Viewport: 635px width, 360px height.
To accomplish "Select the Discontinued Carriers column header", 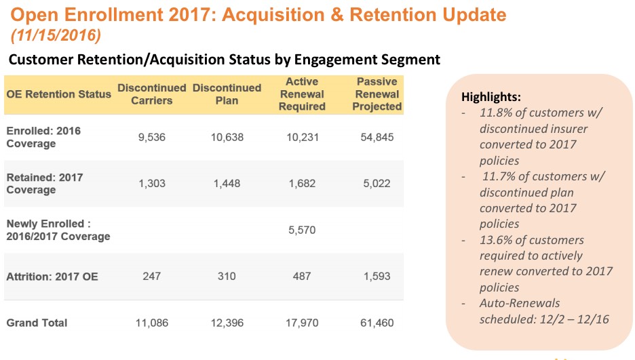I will point(151,94).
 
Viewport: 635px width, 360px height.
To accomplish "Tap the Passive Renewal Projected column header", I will point(377,94).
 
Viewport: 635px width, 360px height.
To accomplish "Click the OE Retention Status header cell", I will point(58,94).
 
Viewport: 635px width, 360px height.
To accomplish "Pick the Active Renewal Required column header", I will point(301,94).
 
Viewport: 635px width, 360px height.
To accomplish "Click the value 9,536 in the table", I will point(151,137).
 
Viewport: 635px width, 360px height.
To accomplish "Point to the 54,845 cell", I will point(377,137).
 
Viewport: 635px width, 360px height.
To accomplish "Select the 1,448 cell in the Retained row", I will point(227,183).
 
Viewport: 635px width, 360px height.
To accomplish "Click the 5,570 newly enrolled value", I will point(301,230).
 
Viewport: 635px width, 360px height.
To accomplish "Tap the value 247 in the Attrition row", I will point(151,276).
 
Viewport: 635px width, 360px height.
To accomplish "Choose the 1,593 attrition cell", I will point(377,276).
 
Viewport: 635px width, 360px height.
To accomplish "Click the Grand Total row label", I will point(37,323).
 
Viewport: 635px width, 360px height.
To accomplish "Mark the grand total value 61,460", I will point(377,323).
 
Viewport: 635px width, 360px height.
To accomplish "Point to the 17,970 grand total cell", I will point(301,323).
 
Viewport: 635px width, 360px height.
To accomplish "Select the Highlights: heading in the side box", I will point(490,96).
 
